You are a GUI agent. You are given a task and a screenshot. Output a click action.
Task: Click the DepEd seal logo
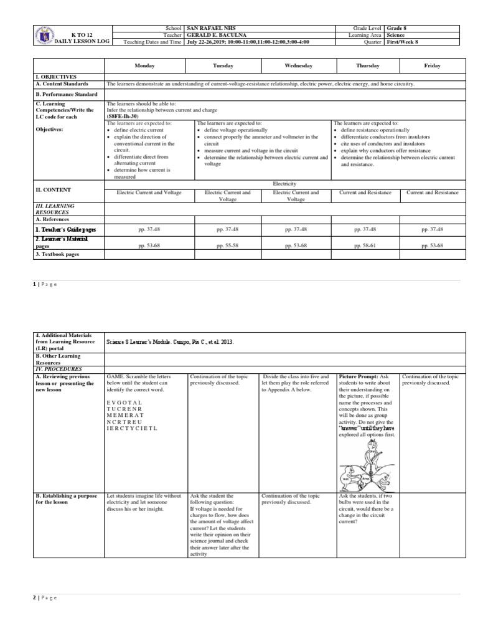pyautogui.click(x=43, y=36)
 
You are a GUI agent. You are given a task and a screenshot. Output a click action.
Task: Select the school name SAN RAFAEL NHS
pyautogui.click(x=210, y=29)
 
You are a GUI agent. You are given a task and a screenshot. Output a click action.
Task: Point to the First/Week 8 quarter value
pyautogui.click(x=406, y=42)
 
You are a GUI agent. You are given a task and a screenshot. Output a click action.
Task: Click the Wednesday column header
pyautogui.click(x=298, y=65)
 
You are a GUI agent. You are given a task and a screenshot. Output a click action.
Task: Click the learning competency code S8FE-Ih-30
pyautogui.click(x=123, y=116)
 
